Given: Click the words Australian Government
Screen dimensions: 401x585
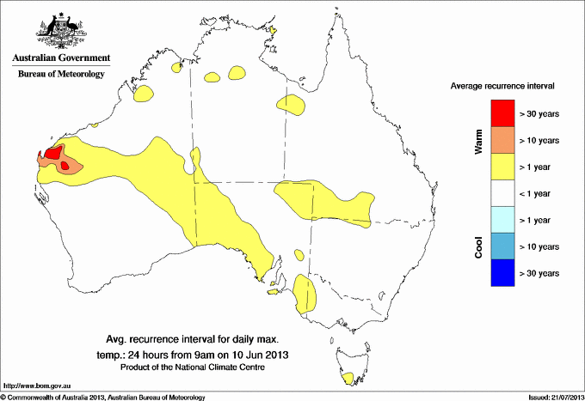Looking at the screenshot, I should click(60, 58).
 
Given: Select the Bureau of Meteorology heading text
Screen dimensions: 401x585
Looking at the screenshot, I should click(60, 75).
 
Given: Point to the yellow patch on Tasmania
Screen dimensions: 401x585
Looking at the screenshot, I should click(348, 379).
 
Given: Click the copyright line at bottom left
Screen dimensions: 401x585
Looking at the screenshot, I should click(103, 397).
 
